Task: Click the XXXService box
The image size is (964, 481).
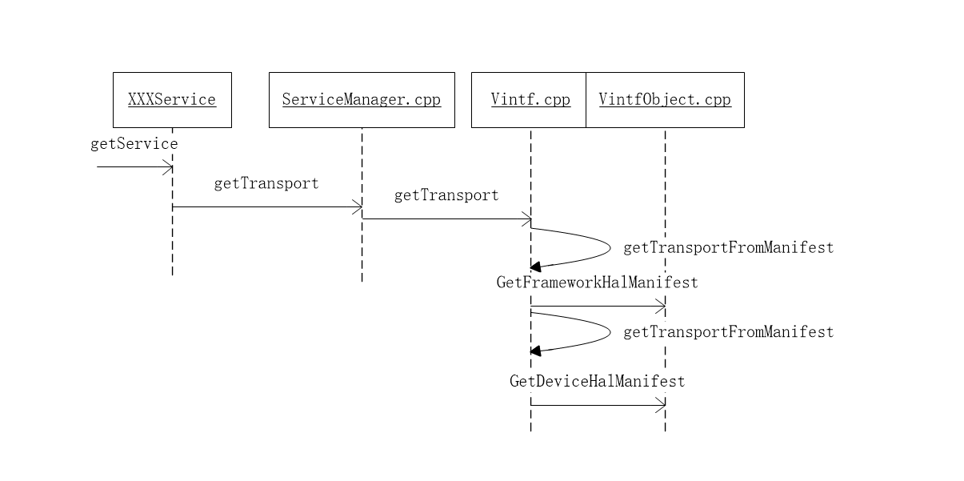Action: [172, 100]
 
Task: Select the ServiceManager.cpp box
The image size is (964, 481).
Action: [362, 100]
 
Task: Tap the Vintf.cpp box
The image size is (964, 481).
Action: [530, 100]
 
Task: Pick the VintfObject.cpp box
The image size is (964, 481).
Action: [665, 100]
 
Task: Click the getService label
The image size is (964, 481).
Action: [134, 144]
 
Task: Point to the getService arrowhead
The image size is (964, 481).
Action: [169, 166]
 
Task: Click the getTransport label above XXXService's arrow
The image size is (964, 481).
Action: [266, 183]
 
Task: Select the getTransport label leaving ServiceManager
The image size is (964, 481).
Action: [446, 195]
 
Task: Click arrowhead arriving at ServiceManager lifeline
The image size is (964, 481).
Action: [358, 206]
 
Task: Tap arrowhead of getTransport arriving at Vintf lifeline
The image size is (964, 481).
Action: [527, 218]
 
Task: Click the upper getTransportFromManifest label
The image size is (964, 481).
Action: [728, 248]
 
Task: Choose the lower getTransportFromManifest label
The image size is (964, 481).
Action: [728, 332]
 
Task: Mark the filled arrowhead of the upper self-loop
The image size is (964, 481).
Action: [535, 267]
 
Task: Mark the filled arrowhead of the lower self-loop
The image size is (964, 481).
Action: [535, 351]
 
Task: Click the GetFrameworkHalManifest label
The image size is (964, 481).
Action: [597, 283]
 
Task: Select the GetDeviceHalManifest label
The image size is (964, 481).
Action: [597, 381]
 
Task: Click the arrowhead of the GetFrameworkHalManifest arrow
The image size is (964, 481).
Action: [661, 306]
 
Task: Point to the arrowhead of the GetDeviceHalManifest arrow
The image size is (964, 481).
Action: [661, 405]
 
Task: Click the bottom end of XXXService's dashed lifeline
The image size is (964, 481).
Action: [172, 274]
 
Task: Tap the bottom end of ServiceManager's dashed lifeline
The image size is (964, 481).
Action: [362, 279]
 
